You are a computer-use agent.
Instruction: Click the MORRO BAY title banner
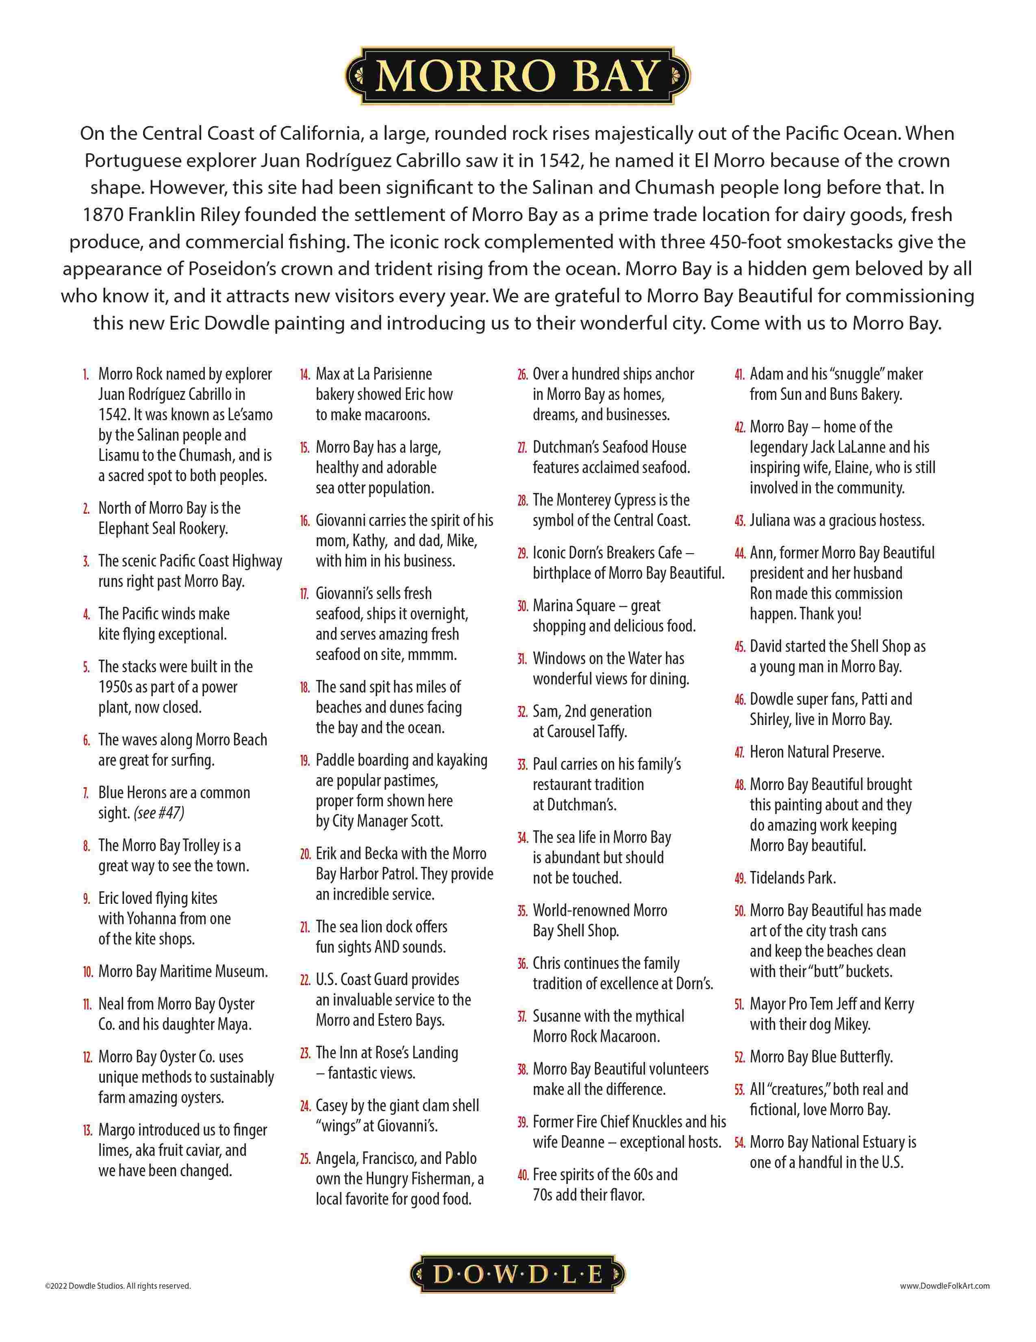pos(517,76)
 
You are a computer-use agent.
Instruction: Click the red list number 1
pos(87,375)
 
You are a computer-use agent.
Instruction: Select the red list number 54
pos(739,1142)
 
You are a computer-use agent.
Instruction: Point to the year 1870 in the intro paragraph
pos(102,215)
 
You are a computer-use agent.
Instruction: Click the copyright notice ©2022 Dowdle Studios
pos(118,1286)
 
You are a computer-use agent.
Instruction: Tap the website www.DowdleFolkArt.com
pos(945,1286)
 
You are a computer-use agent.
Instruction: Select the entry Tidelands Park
pos(792,878)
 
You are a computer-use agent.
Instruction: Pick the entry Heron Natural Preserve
pos(816,752)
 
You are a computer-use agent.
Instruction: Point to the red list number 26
pos(522,375)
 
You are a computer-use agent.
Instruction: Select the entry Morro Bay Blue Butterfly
pos(821,1057)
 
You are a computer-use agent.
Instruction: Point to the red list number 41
pos(739,375)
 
